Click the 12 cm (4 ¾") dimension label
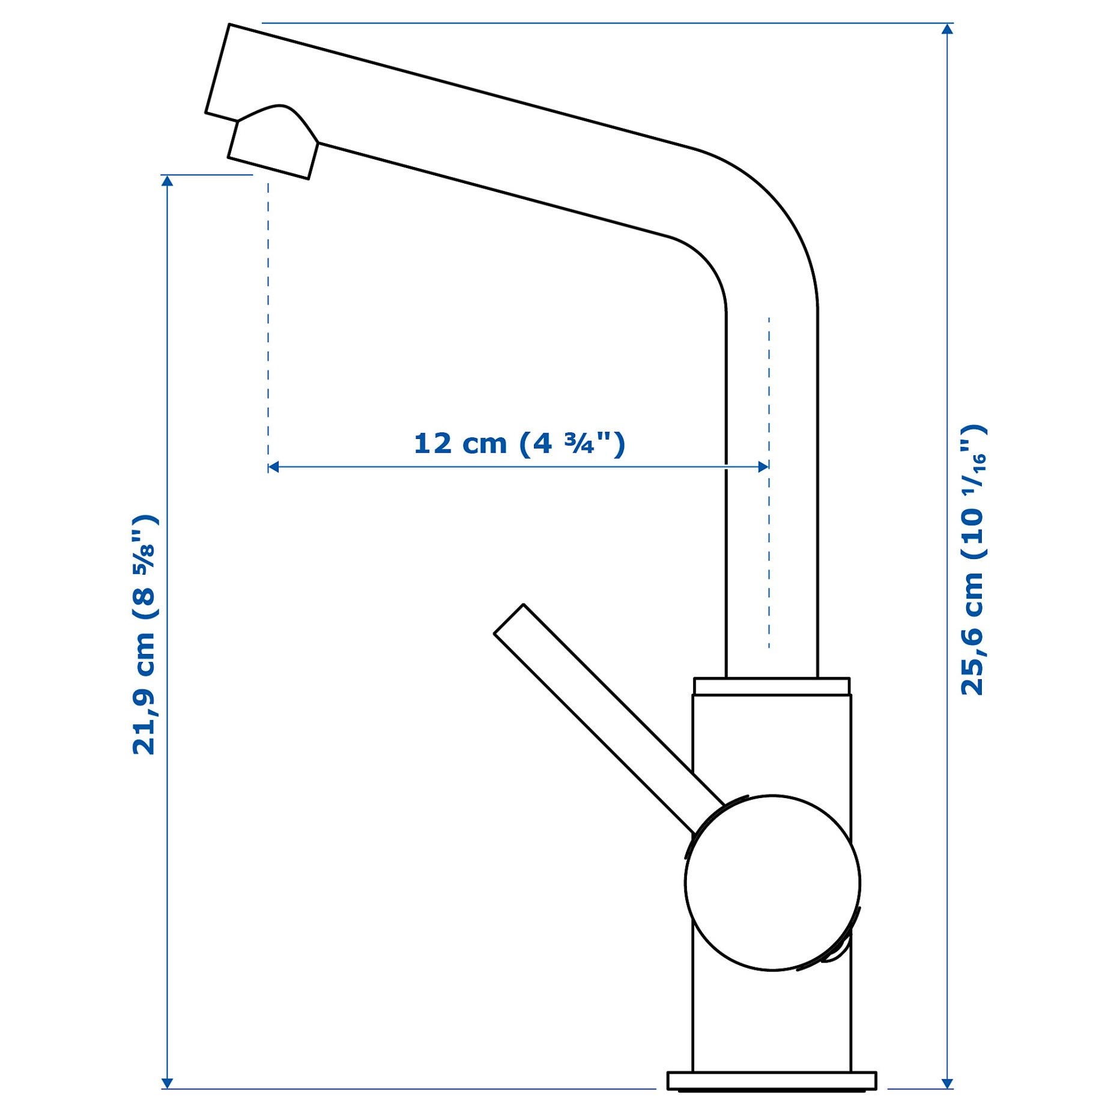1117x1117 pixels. pyautogui.click(x=519, y=444)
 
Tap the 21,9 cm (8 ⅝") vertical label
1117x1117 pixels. pyautogui.click(x=144, y=634)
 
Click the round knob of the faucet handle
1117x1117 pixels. pyautogui.click(x=772, y=882)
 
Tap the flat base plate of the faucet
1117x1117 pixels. pyautogui.click(x=772, y=1080)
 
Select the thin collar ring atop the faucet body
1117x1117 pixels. pyautogui.click(x=772, y=686)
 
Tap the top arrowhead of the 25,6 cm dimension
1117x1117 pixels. pyautogui.click(x=948, y=29)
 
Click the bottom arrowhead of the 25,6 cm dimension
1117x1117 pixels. pyautogui.click(x=948, y=1083)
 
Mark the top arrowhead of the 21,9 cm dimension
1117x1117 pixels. pyautogui.click(x=168, y=181)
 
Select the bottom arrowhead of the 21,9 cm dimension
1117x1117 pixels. pyautogui.click(x=168, y=1083)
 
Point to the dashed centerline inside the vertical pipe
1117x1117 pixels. pyautogui.click(x=769, y=480)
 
